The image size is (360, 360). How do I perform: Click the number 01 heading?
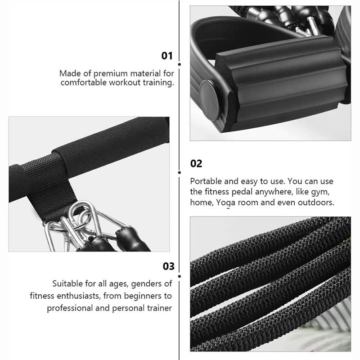[167, 56]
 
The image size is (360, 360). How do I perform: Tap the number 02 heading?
[196, 163]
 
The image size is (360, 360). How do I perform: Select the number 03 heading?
[168, 266]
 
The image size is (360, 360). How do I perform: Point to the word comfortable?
[84, 82]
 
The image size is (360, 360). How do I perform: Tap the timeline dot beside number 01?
[179, 64]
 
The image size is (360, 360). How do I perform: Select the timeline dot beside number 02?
[179, 172]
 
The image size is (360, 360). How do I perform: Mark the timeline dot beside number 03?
[179, 276]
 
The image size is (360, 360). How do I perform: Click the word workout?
[125, 82]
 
